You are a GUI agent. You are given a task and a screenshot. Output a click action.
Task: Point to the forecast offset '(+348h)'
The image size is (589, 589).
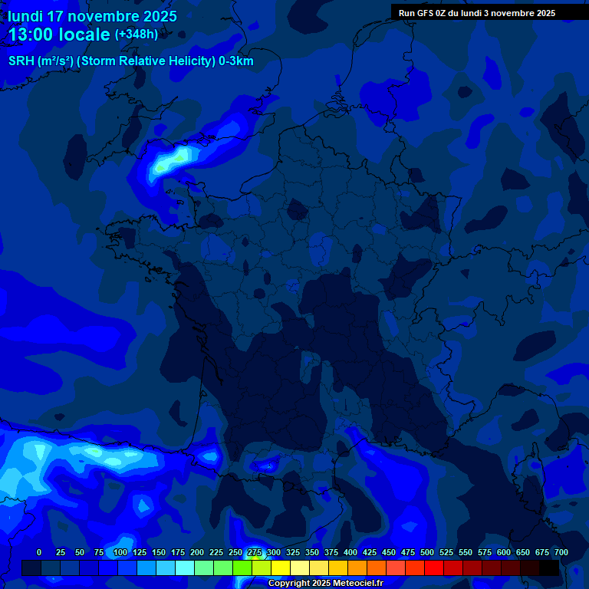(x=137, y=34)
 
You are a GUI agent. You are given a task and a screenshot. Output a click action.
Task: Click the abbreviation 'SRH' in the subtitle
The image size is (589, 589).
(x=21, y=61)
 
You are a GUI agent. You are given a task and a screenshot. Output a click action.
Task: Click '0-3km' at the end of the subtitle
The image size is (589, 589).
(x=235, y=61)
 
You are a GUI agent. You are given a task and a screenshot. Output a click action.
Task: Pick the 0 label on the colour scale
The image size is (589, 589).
(x=39, y=552)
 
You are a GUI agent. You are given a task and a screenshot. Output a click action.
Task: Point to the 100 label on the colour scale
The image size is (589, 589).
(x=120, y=552)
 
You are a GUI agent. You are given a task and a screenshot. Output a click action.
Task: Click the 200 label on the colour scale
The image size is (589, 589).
(x=197, y=552)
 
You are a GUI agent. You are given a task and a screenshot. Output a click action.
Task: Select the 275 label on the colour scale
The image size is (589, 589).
(x=255, y=552)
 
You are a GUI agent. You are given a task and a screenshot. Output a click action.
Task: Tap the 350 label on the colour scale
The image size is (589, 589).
(x=312, y=552)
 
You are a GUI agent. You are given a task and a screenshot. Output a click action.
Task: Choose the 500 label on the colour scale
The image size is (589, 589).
(x=427, y=552)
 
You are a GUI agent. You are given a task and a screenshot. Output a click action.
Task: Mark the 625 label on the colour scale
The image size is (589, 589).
(x=523, y=552)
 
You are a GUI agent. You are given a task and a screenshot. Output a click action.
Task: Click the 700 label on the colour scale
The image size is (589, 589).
(x=561, y=552)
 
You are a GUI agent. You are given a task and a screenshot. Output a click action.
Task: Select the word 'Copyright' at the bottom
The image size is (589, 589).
(x=291, y=584)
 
